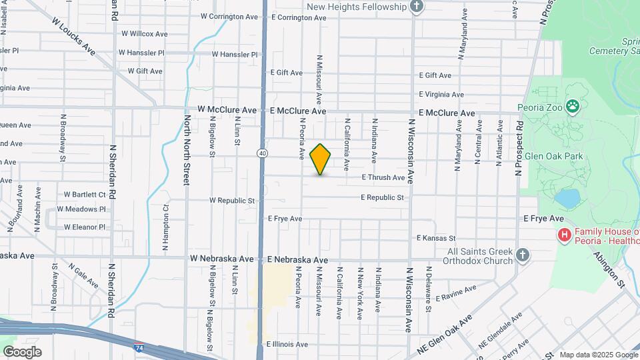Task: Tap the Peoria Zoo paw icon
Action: tap(572, 105)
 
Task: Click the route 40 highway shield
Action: tap(263, 153)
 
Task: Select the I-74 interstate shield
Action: tap(138, 348)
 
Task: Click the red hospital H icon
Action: tap(564, 235)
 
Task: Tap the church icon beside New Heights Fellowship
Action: tap(417, 7)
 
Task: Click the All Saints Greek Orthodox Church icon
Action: tap(523, 255)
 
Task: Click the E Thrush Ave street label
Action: tap(383, 178)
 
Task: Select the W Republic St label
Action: tap(232, 200)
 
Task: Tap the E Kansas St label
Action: tap(436, 238)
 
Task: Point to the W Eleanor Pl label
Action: tap(85, 227)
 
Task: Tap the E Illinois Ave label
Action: tap(287, 345)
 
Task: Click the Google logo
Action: tap(22, 351)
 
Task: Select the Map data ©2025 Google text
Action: tap(599, 355)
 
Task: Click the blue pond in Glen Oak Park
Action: tap(567, 199)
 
